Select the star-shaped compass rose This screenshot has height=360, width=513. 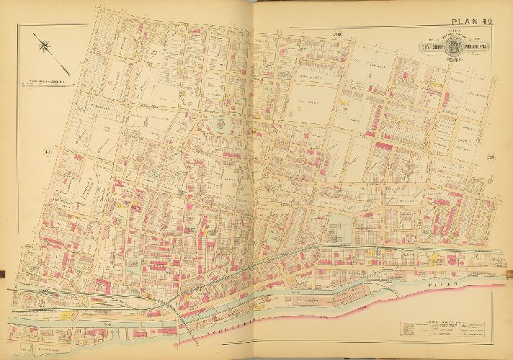click(45, 47)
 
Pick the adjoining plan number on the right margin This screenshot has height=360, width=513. click(489, 151)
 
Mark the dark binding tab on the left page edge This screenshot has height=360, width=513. click(2, 272)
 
